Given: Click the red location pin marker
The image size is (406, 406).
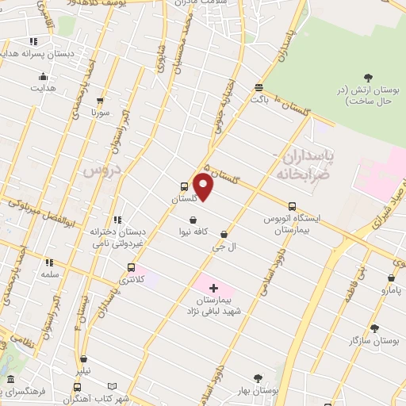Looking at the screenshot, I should [x=204, y=188].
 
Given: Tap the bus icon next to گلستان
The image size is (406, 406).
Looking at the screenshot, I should [x=185, y=187].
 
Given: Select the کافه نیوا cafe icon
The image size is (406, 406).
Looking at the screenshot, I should [x=193, y=220].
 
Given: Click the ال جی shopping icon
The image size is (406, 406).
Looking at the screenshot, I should [x=224, y=234].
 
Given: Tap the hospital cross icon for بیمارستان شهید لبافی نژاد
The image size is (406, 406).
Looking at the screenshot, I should [x=213, y=286].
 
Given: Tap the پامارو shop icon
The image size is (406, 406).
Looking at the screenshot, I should [x=391, y=278].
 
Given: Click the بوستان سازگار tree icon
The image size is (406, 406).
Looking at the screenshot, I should [x=374, y=327].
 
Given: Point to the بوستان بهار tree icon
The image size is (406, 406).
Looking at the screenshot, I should [x=257, y=379].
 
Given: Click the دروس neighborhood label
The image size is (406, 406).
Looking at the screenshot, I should [x=101, y=170].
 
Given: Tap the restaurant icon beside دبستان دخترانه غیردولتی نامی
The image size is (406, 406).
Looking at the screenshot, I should [x=117, y=220].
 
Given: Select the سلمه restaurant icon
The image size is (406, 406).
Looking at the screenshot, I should [x=49, y=262].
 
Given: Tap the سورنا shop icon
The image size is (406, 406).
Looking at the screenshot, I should [x=100, y=101].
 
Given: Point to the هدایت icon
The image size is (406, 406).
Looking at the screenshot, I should [x=43, y=77].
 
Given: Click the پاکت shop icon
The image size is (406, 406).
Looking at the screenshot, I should [x=259, y=87].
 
